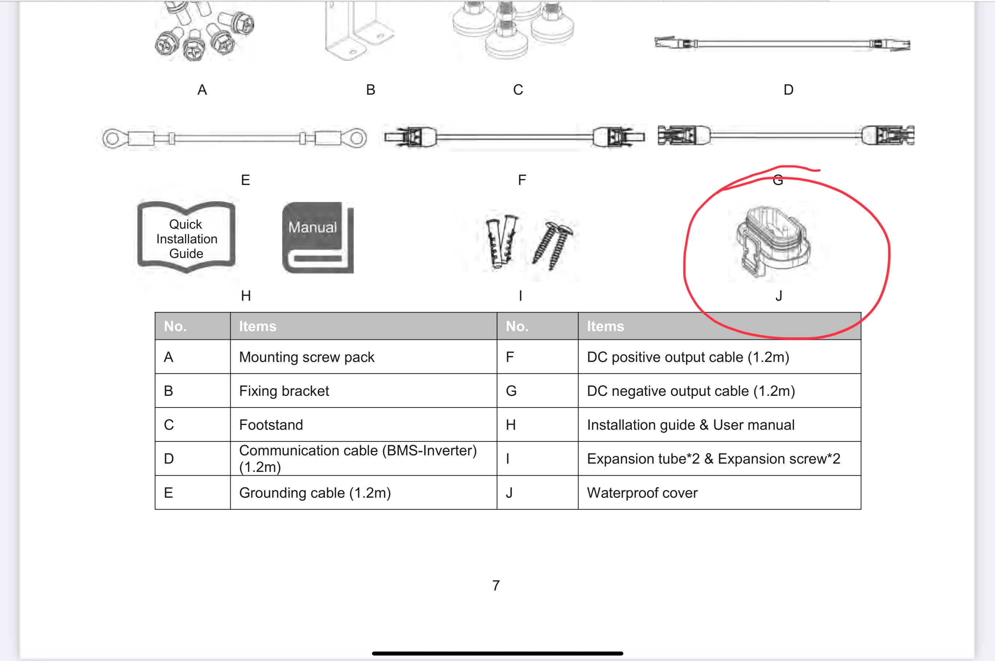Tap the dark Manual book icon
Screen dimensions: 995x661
tap(317, 237)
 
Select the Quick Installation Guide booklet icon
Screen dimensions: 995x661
tap(186, 237)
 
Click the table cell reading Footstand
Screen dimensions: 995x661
tap(364, 425)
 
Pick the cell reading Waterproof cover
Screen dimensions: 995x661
tap(719, 492)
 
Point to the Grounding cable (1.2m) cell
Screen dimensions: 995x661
tap(364, 492)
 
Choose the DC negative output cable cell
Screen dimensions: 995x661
tap(719, 391)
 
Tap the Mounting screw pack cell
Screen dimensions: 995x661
tap(364, 357)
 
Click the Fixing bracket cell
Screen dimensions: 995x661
tap(364, 391)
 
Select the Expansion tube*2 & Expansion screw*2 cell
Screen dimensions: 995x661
tap(719, 458)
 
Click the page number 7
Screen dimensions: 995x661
tap(496, 585)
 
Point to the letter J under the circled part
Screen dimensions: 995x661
tap(779, 296)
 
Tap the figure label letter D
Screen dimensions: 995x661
tap(788, 90)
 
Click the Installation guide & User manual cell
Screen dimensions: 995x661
tap(719, 425)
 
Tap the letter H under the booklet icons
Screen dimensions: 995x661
tap(246, 296)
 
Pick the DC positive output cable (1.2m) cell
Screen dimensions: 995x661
tap(719, 357)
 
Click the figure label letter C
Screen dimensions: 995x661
tap(518, 90)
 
